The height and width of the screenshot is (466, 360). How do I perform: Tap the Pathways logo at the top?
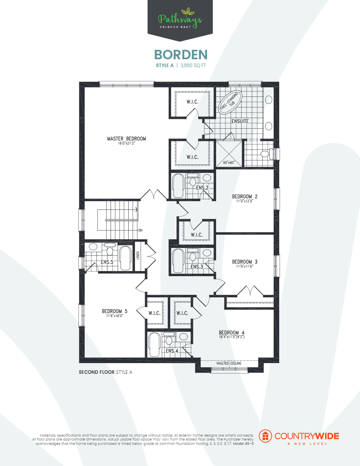(180, 19)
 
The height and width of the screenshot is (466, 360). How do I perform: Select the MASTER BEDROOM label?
(126, 139)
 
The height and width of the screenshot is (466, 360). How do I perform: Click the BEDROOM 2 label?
(244, 197)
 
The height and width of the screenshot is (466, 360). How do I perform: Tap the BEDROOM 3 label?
(244, 262)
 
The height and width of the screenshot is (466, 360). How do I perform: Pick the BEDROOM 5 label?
(115, 311)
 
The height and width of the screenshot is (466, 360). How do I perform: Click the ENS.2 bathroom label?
(202, 188)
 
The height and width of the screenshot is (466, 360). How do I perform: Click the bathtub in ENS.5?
(125, 258)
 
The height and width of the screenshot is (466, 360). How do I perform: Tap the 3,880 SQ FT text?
(193, 66)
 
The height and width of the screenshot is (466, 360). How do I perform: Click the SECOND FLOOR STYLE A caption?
(105, 372)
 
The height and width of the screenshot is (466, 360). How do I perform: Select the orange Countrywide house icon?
(266, 436)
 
